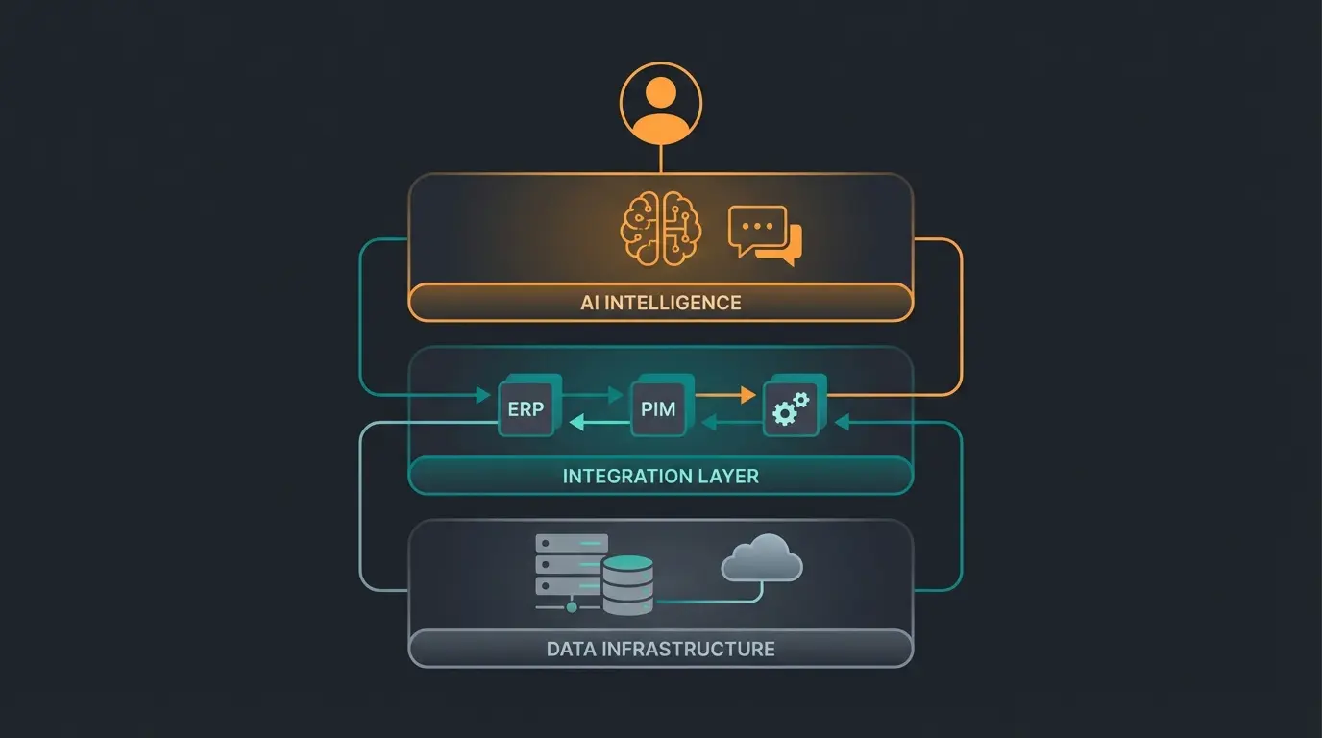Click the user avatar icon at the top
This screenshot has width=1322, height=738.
coord(661,102)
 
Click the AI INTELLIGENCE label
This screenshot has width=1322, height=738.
coord(661,303)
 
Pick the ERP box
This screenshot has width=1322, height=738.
coord(526,409)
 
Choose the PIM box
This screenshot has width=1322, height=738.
coord(658,409)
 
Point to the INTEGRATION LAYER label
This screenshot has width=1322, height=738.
coord(661,476)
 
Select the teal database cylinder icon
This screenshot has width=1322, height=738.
coord(627,583)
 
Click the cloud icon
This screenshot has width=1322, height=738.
coord(761,558)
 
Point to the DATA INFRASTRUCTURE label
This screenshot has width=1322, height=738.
coord(661,649)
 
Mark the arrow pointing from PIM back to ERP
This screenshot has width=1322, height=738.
coord(598,421)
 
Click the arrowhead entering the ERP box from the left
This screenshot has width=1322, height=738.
coord(483,394)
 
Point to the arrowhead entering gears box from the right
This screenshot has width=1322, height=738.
coord(842,421)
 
